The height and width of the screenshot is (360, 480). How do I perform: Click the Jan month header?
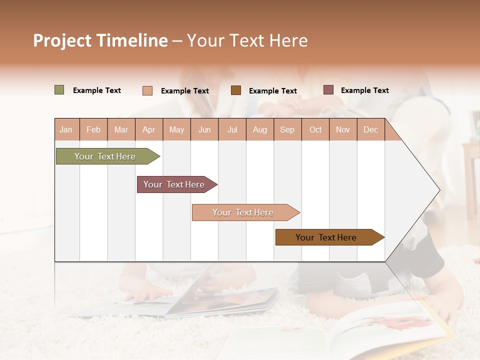pos(66,130)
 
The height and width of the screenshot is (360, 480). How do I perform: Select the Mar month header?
pos(121,130)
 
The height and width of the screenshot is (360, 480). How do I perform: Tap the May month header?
pos(176,130)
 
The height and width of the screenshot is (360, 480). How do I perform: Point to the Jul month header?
pos(232,130)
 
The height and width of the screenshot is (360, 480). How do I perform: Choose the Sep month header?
pos(287,130)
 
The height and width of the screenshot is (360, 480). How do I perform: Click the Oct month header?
pos(315,130)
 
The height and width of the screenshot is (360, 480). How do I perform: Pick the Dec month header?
pos(370,130)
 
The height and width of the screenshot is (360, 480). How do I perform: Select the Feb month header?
pos(93,130)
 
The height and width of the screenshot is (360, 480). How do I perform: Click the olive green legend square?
pos(59,90)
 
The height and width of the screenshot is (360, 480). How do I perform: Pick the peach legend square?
pos(147,90)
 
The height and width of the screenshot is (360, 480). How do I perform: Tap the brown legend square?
pos(236,90)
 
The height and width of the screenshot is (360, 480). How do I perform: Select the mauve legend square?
pos(328,90)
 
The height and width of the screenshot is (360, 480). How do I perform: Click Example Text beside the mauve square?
pos(364,90)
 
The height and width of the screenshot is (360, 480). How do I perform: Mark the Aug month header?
pos(259,130)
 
